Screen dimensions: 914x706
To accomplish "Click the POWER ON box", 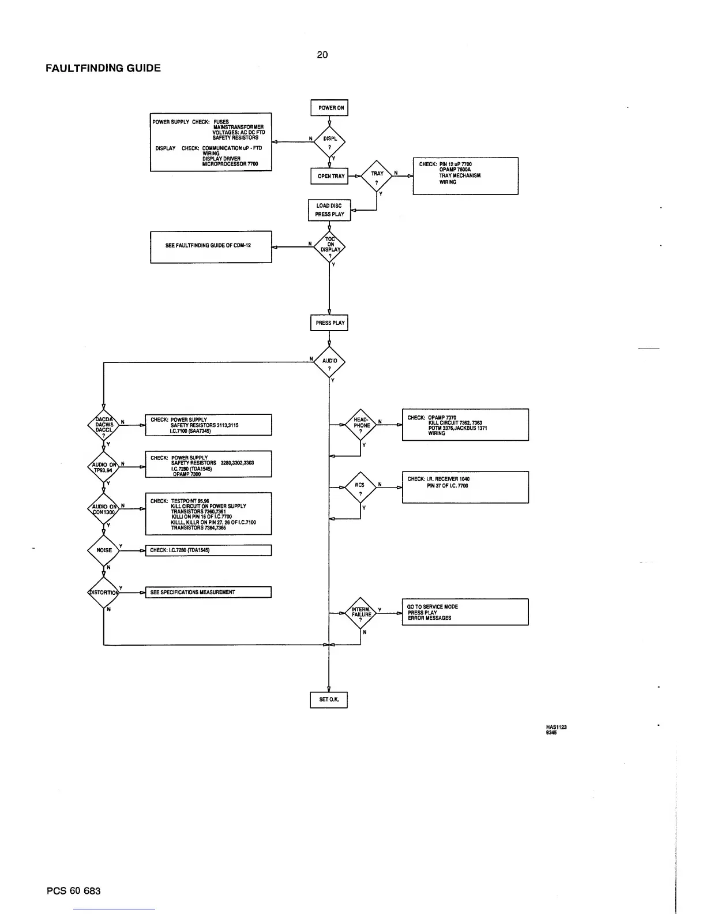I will pos(329,108).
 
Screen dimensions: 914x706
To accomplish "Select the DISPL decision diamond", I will pos(329,141).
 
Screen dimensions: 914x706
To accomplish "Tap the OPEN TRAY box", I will pos(329,176).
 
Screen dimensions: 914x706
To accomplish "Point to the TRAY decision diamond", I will pos(377,176).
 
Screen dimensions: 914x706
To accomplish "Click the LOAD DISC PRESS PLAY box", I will pos(329,210).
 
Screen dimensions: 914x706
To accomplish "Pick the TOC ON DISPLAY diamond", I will pos(329,248).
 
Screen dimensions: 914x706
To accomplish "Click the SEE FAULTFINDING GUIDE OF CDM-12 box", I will pos(211,246).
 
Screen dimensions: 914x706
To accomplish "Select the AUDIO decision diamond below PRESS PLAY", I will pos(329,363).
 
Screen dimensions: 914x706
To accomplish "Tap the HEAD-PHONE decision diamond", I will pos(361,425).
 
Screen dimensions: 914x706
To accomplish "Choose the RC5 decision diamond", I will pos(360,488).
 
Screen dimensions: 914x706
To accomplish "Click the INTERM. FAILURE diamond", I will pos(361,613).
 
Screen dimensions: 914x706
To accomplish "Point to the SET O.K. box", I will pos(329,699).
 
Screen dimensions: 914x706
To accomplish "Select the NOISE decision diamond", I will pos(104,550).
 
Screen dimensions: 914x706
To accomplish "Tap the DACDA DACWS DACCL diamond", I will pos(104,425).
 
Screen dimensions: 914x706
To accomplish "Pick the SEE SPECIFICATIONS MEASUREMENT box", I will pos(208,592).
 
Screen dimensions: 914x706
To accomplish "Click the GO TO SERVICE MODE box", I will pos(465,612).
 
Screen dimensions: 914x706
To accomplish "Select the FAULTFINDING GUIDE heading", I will pos(103,68).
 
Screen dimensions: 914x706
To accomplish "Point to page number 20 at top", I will pos(322,55).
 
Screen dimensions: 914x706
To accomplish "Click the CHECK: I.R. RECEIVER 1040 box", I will pos(465,487).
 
